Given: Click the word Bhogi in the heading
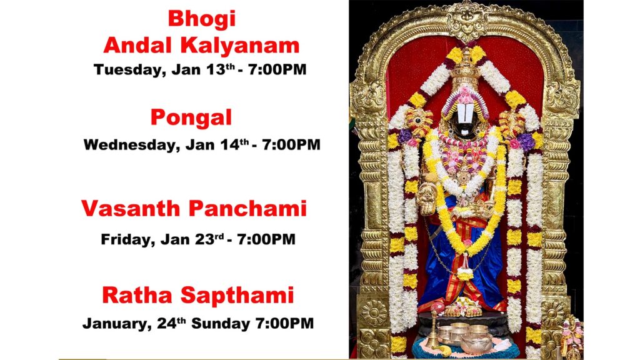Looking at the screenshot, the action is (x=202, y=19).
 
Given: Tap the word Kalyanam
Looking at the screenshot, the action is (x=240, y=46).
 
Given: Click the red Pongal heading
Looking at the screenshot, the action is (x=191, y=118).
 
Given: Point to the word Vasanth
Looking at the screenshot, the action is (x=131, y=208).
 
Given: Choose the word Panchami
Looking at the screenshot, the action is (x=247, y=208).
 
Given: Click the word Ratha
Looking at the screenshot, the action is (x=137, y=295).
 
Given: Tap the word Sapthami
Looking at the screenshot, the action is (x=237, y=296).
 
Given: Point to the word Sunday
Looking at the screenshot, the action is (x=221, y=324).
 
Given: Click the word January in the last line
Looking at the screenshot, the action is (x=115, y=324).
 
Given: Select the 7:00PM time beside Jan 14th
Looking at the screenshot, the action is (x=291, y=145).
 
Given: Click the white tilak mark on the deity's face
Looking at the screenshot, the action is (x=465, y=112).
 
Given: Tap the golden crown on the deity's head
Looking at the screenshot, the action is (x=465, y=69).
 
